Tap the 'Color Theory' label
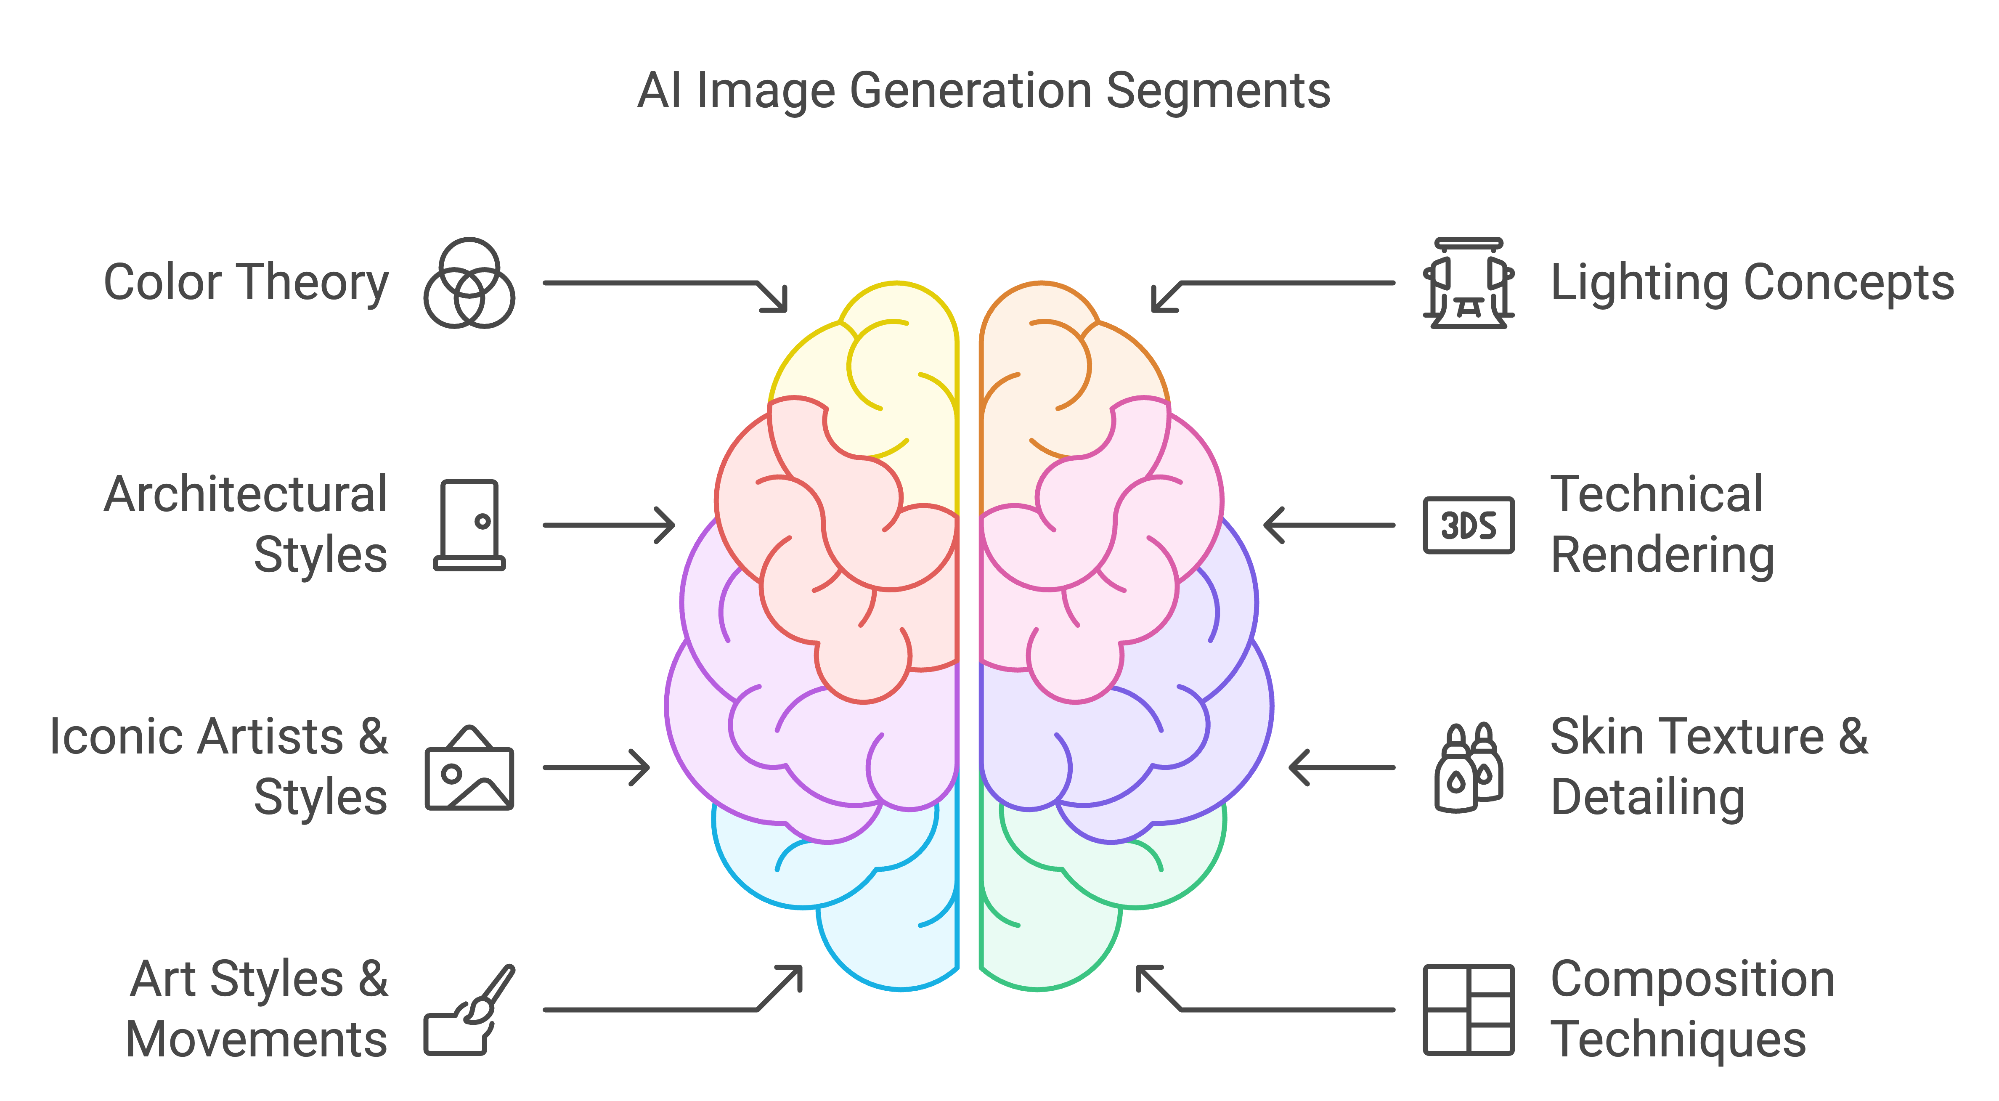tap(246, 282)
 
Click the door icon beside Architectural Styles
tap(469, 525)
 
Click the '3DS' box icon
tap(1468, 525)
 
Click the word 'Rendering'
tap(1662, 555)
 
